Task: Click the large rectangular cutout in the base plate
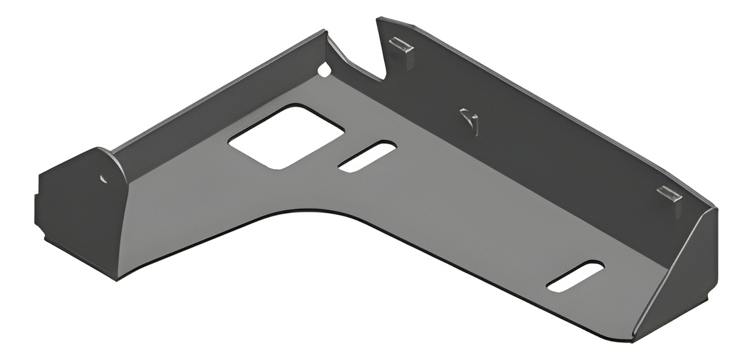pyautogui.click(x=286, y=136)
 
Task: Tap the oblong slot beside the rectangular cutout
pyautogui.click(x=367, y=156)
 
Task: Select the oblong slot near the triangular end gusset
pyautogui.click(x=575, y=276)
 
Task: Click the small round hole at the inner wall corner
pyautogui.click(x=324, y=70)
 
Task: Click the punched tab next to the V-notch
pyautogui.click(x=402, y=46)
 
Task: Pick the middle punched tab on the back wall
pyautogui.click(x=469, y=119)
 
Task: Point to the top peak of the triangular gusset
pyautogui.click(x=715, y=209)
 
